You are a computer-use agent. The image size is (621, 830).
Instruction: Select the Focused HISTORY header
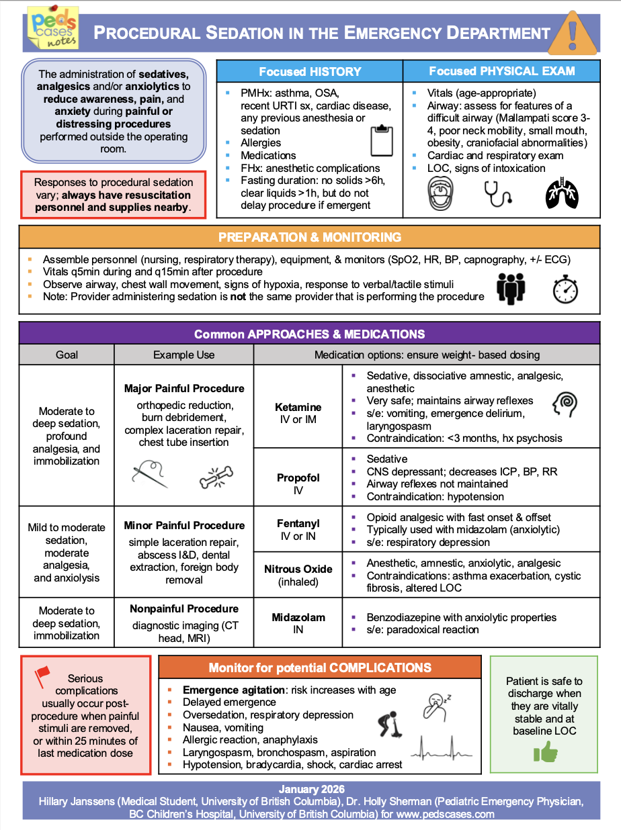coord(310,71)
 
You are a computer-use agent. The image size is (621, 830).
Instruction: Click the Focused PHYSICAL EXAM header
coord(501,71)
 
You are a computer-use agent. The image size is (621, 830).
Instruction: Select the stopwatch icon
coord(565,289)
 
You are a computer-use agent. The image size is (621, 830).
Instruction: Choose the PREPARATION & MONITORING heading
coord(310,237)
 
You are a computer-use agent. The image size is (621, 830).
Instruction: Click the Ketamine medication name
coord(298,407)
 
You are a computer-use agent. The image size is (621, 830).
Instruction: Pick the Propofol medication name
coord(298,478)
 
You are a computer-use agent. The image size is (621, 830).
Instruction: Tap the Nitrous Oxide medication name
coord(298,569)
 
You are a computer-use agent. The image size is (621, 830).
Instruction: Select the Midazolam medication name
coord(298,617)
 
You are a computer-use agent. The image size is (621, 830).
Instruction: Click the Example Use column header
coord(184,355)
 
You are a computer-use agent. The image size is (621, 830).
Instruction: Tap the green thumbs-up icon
coord(545,753)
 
